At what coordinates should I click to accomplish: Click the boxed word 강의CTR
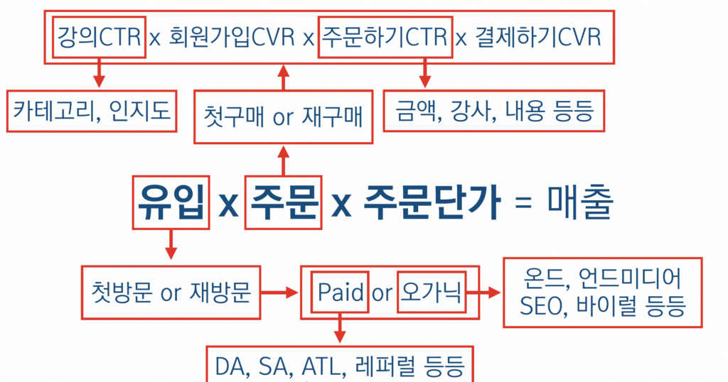coord(99,37)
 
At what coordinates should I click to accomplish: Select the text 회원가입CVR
coord(232,37)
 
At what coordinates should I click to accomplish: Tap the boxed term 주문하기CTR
coord(385,37)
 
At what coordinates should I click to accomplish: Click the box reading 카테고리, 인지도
coord(92,111)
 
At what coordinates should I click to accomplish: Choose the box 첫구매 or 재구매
coord(284,116)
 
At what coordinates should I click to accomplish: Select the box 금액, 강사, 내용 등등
coord(493,111)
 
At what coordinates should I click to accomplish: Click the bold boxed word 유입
coord(170,203)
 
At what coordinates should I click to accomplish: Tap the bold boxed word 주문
coord(284,203)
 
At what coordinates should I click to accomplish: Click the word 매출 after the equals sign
coord(580,203)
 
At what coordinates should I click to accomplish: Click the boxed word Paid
coord(340,292)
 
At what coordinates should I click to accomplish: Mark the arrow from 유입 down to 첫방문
coord(170,246)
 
